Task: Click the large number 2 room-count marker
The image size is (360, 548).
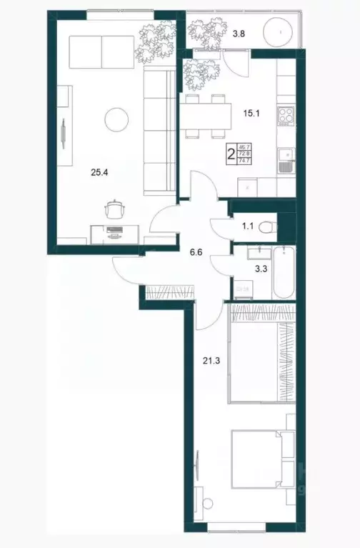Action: [231, 153]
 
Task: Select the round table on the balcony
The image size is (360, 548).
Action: [278, 32]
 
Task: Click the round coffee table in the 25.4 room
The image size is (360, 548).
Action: [116, 119]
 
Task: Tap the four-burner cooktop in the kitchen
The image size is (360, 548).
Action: [285, 116]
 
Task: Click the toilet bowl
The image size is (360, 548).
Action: [266, 227]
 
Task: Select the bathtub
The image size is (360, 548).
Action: [284, 272]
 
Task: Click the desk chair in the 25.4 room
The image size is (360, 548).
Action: [115, 209]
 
